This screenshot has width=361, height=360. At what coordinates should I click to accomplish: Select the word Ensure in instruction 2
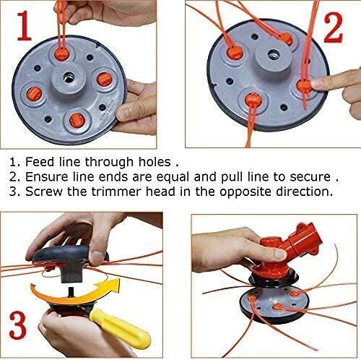point(49,176)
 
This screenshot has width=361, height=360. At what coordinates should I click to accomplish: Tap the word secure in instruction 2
point(318,176)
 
